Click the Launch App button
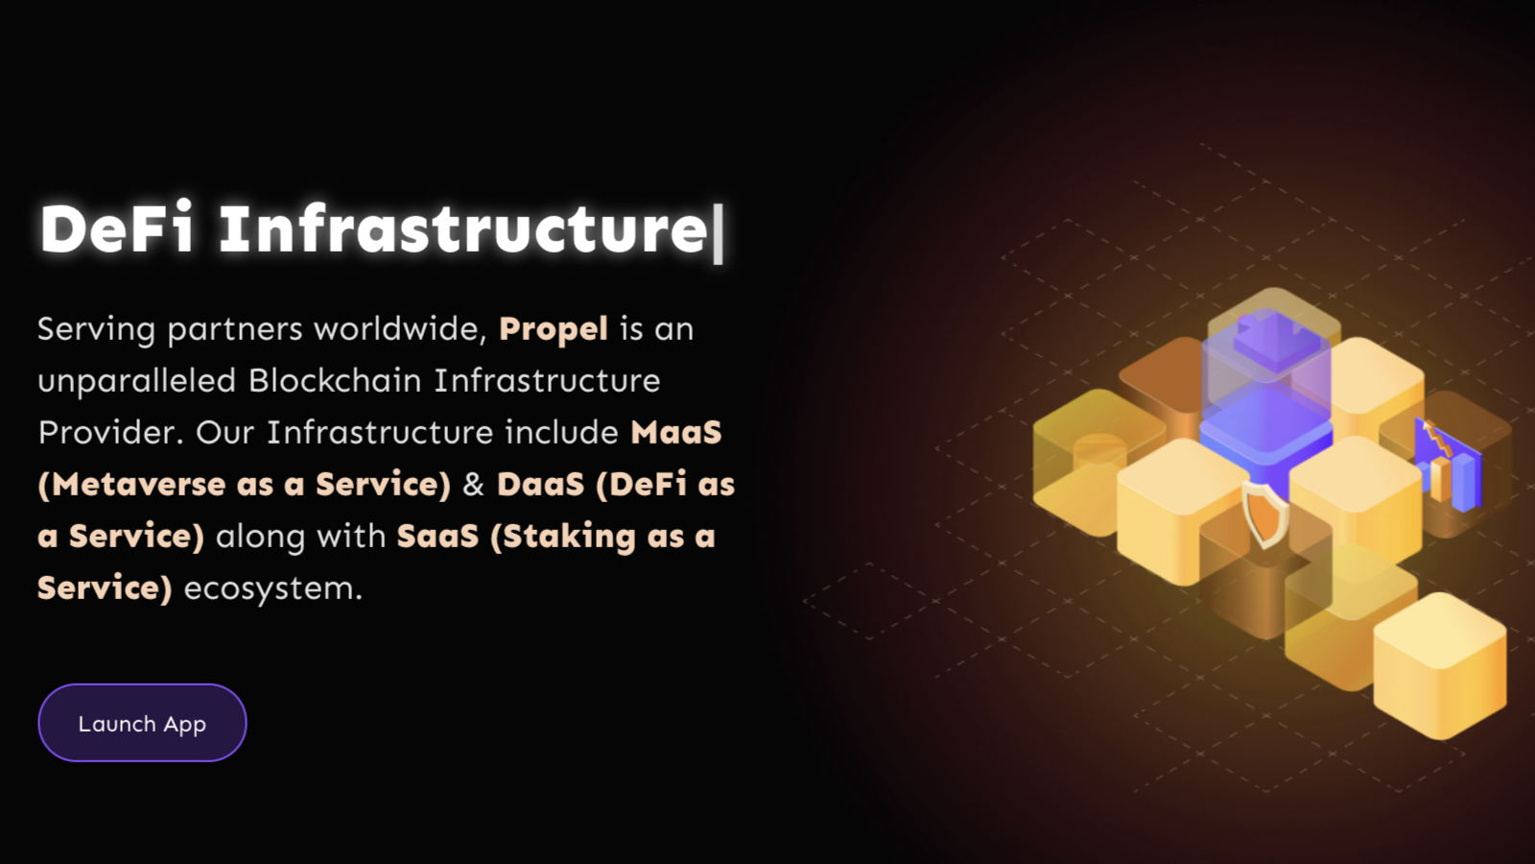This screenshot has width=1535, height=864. pos(142,723)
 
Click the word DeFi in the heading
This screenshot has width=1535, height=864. pos(116,228)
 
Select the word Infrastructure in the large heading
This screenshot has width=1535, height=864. pos(463,228)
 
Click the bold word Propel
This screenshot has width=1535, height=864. pos(553,330)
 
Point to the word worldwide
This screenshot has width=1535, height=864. pos(400,329)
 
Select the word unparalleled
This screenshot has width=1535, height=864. pos(137,381)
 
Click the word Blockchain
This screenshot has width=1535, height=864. pos(335,380)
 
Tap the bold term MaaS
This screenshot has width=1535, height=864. pos(675,433)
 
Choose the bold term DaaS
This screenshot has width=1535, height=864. pos(541,484)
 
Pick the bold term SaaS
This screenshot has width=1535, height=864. pos(437,537)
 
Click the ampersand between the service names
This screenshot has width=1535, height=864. pos(474,485)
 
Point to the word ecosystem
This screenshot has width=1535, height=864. pos(272,589)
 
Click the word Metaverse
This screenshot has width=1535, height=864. pos(138,484)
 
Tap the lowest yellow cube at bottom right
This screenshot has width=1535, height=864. pos(1440,666)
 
